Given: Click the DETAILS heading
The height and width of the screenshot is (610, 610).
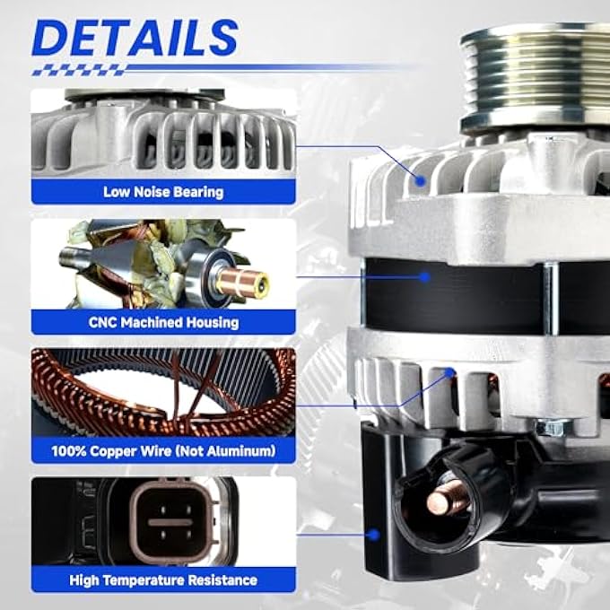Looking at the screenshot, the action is click(135, 38).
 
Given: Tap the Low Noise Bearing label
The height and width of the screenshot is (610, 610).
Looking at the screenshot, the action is click(163, 192).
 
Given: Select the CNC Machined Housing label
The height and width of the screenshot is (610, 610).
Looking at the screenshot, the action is click(163, 323).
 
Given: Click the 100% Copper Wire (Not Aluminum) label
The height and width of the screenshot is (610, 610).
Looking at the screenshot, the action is click(163, 451).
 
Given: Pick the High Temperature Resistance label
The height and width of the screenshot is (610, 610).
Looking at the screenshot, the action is click(163, 580).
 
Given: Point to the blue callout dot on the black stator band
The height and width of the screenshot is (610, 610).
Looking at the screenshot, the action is click(425, 277).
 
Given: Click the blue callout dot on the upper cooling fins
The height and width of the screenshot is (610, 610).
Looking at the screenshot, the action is click(420, 180).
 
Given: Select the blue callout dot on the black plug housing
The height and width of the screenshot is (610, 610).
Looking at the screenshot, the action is click(374, 535).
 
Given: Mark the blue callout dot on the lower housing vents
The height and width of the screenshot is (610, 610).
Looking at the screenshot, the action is click(450, 372).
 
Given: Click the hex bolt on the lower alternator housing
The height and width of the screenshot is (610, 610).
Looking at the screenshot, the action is click(553, 427).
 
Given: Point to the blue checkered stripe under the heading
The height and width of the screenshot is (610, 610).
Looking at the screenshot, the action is click(79, 70).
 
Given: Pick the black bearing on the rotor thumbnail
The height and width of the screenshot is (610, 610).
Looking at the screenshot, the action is click(208, 275).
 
